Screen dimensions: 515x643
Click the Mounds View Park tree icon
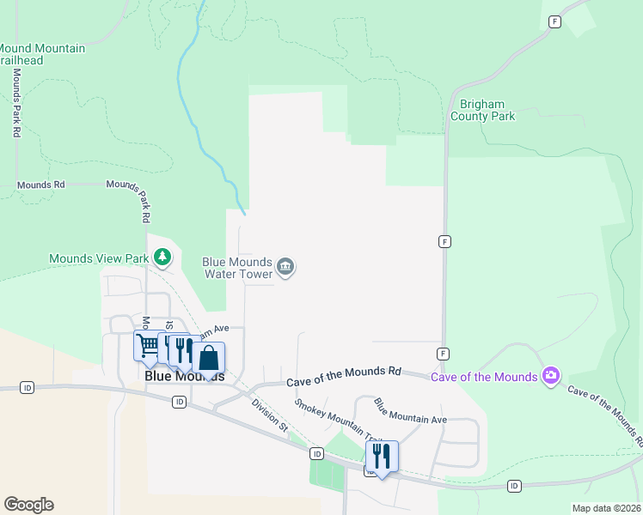(x=162, y=257)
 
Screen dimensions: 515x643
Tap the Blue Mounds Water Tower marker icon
(x=286, y=268)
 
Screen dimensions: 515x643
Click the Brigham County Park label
(x=482, y=110)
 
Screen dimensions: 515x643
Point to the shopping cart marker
(x=147, y=345)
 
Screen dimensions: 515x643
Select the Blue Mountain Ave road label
(x=410, y=410)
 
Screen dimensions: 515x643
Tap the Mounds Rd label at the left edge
(x=40, y=185)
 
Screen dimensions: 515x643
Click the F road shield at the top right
(x=555, y=21)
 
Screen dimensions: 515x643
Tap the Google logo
(x=28, y=505)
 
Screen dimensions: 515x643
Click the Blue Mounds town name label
(x=184, y=376)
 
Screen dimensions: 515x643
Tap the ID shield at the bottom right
(x=514, y=486)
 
